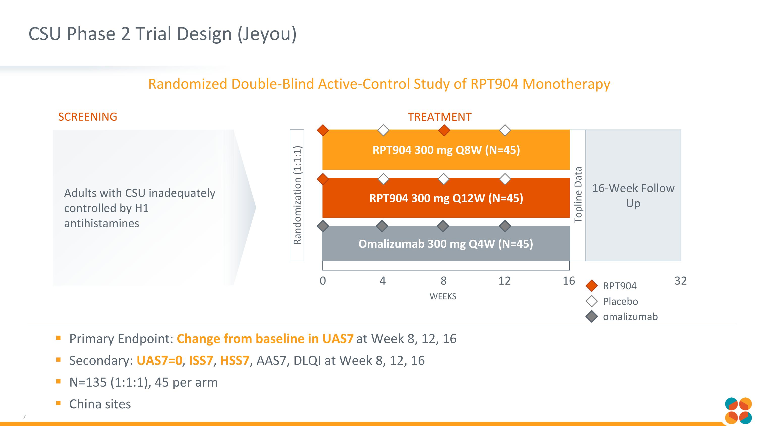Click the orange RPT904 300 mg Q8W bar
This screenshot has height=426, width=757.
(446, 150)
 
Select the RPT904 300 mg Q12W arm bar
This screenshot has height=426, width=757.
(446, 198)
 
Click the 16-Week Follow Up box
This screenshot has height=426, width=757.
(633, 195)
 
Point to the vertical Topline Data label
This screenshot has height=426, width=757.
(578, 195)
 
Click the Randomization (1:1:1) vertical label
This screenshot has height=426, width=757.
(297, 195)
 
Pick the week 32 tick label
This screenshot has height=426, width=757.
(680, 281)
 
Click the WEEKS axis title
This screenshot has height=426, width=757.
(443, 296)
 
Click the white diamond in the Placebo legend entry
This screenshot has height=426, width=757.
(591, 301)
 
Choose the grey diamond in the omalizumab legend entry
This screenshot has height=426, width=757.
(591, 317)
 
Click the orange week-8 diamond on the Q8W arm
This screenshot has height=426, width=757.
(444, 130)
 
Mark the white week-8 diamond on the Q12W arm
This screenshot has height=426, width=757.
(443, 179)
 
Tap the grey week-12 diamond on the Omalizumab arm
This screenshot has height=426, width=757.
(505, 226)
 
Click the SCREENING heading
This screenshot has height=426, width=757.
(88, 117)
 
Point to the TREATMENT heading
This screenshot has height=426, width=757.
(439, 117)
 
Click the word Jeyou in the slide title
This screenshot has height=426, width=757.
(267, 34)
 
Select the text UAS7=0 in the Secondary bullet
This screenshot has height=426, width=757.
(159, 360)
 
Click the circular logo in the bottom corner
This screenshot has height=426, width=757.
(738, 411)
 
